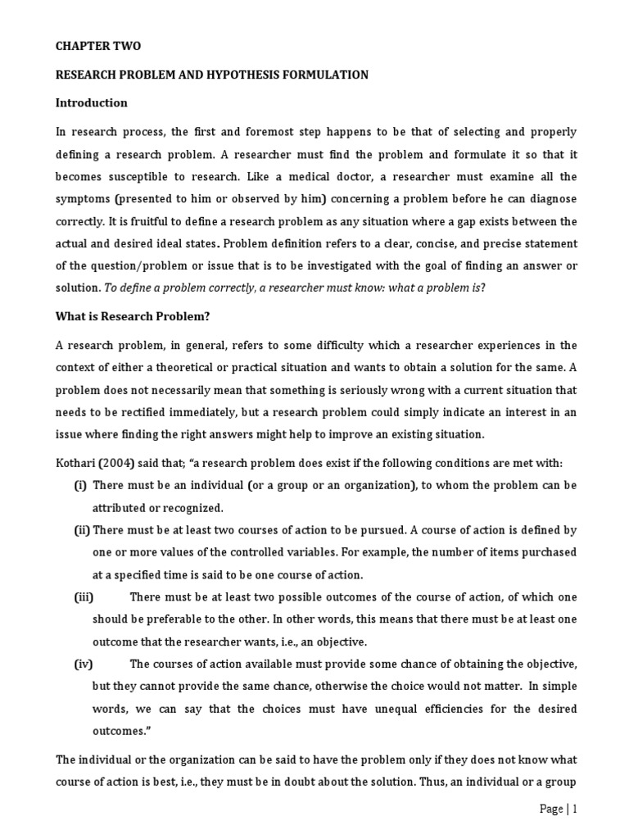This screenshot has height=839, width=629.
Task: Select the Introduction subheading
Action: coord(91,103)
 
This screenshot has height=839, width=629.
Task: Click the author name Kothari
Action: coord(78,463)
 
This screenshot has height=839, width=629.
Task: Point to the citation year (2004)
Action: coord(124,463)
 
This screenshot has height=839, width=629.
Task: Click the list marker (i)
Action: coord(80,485)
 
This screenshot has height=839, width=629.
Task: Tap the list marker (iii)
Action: coord(84,596)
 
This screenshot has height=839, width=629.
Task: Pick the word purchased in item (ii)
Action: coord(548,552)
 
